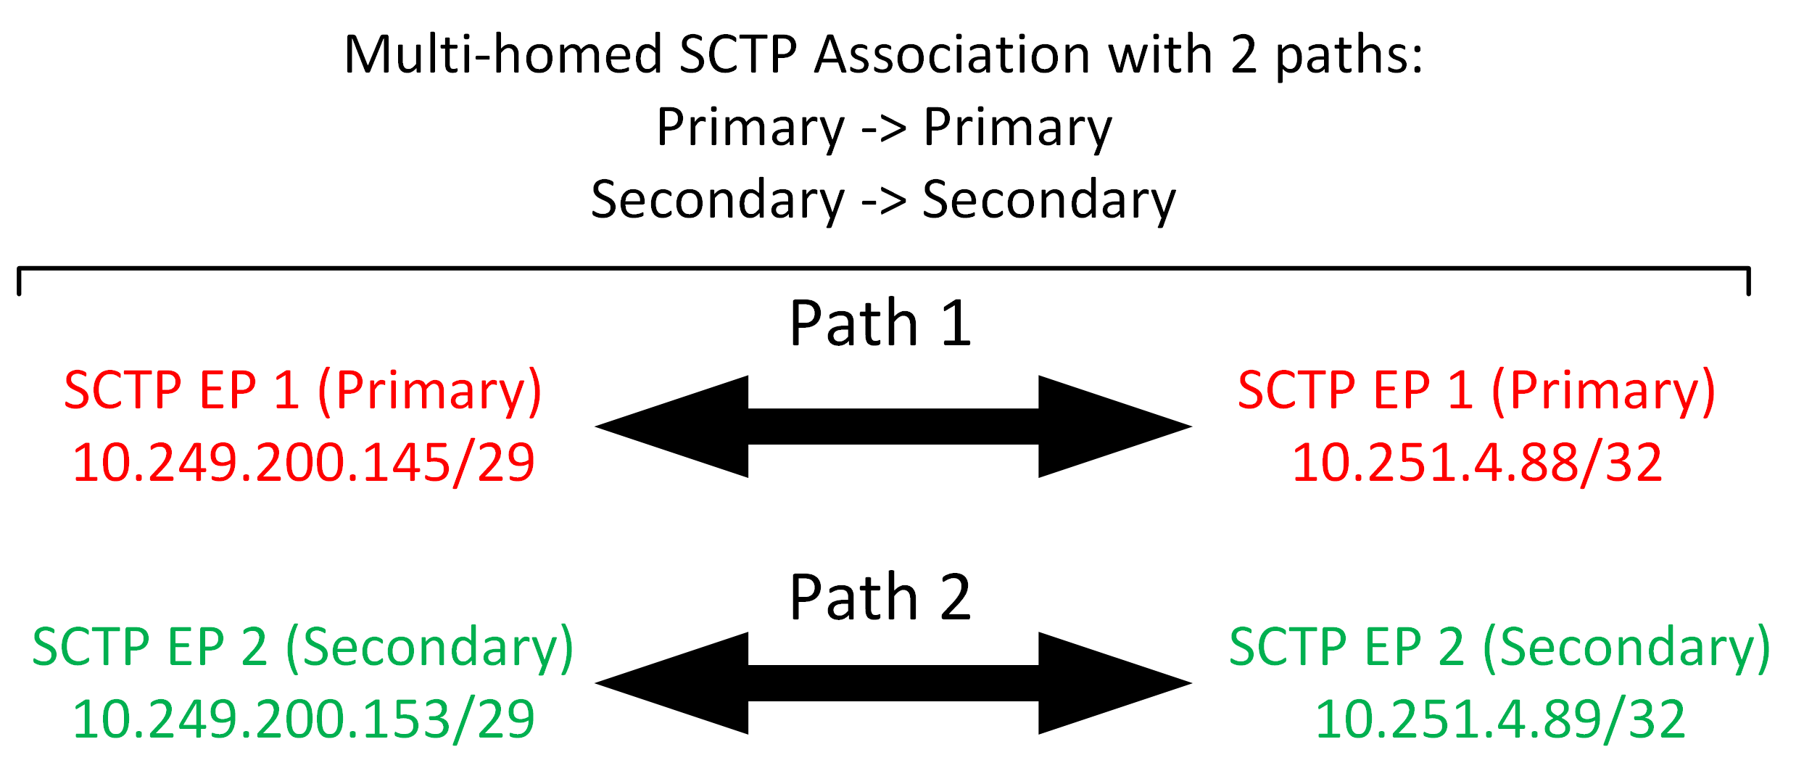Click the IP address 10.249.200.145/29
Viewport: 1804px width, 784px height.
click(304, 463)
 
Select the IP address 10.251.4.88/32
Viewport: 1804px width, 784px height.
click(1477, 463)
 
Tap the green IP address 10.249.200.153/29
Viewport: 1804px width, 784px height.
click(304, 719)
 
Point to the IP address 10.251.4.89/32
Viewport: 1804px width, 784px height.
click(1500, 719)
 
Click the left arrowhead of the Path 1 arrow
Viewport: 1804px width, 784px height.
click(671, 426)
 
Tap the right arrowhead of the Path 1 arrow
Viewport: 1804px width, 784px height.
click(1115, 426)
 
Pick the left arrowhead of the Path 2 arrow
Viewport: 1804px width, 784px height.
click(671, 683)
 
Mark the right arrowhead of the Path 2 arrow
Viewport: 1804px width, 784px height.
click(1115, 683)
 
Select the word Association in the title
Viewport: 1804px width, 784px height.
click(952, 54)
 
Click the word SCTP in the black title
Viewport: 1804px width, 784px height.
click(738, 54)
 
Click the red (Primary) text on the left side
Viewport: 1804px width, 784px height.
click(430, 392)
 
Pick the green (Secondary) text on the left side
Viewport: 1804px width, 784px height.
click(430, 648)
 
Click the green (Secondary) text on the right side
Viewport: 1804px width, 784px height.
click(1627, 648)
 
